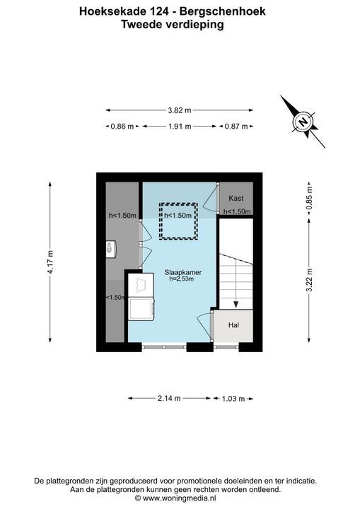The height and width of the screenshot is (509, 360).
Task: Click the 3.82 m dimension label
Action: coord(180,110)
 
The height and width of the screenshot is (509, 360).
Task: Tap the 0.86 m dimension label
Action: coord(122,127)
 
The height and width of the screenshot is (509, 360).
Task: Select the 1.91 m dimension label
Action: coord(180,127)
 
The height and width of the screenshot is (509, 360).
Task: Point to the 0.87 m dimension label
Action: coord(236,127)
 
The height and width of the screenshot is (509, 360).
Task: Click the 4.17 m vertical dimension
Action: coord(50,262)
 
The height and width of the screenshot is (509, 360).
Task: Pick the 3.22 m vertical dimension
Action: coord(309,280)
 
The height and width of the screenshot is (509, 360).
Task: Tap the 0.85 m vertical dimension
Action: coord(309,198)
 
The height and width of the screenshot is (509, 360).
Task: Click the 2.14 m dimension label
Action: coord(169,398)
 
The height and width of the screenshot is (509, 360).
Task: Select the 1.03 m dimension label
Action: coord(233,398)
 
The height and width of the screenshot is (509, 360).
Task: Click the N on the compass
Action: coord(303,122)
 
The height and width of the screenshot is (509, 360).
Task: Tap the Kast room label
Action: coord(236,199)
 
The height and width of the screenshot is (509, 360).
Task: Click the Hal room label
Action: coord(233,325)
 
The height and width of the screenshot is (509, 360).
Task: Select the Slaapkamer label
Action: coord(183,273)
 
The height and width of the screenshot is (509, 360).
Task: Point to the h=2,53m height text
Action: coord(181,279)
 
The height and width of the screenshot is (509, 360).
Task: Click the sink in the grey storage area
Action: coord(111,250)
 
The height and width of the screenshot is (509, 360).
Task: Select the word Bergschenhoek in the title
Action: coord(223,12)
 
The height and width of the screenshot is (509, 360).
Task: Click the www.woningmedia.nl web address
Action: coord(180,498)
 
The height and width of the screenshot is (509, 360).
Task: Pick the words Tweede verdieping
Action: coord(173,24)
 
